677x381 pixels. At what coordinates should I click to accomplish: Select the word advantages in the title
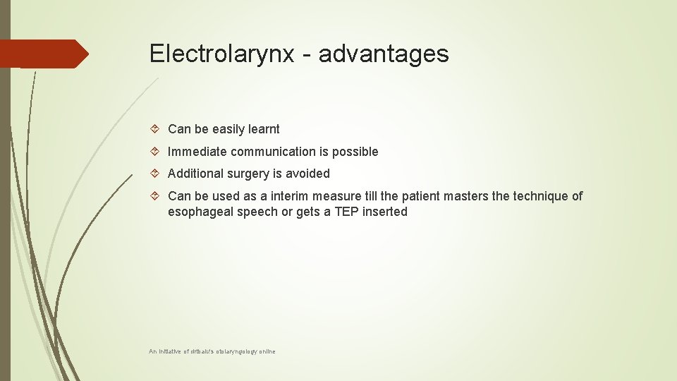(384, 54)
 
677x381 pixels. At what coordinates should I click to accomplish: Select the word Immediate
(197, 152)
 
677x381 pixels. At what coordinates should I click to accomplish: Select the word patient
(427, 196)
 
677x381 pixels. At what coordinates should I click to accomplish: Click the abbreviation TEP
(346, 212)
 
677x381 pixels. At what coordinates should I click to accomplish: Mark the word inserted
(385, 212)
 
